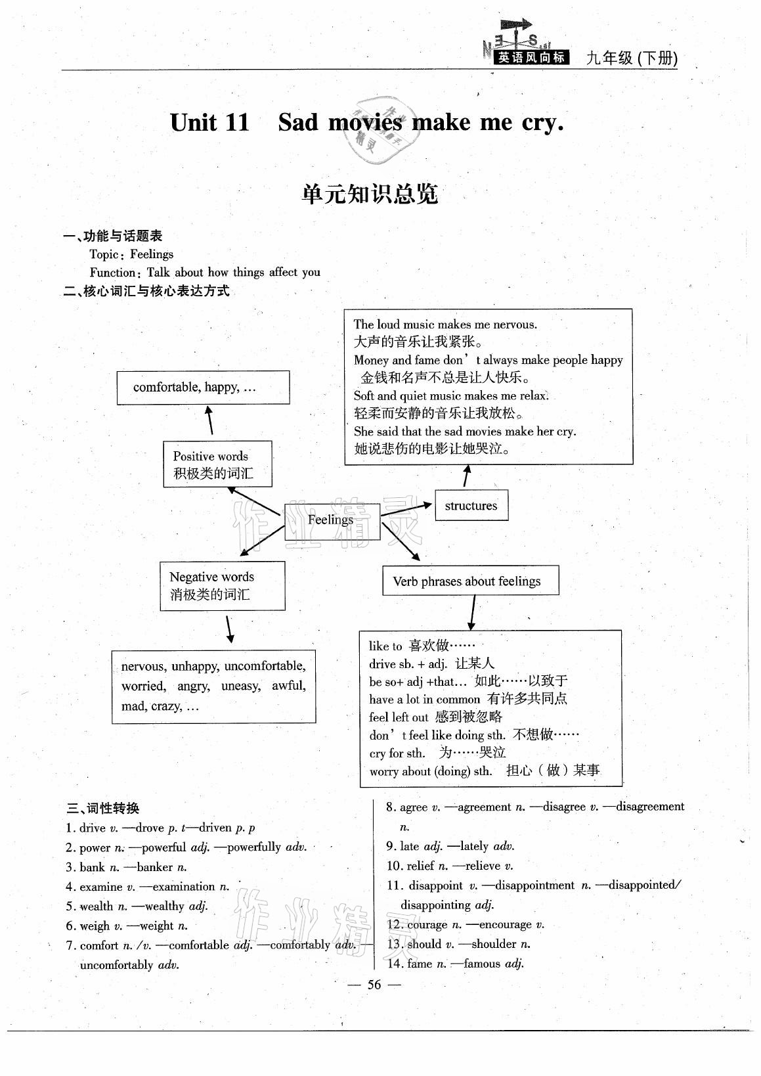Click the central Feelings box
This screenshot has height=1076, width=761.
tap(332, 521)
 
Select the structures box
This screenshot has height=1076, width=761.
tap(471, 505)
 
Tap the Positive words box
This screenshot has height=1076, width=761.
tap(217, 464)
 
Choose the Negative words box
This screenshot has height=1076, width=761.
tap(222, 585)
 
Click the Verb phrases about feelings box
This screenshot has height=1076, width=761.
tap(470, 581)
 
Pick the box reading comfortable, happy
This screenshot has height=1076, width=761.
tap(203, 387)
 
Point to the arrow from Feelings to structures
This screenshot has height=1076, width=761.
tap(407, 508)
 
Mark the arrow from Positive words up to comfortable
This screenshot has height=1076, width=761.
tap(210, 420)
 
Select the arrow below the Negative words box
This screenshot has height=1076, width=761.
tap(229, 629)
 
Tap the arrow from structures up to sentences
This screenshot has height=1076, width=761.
tap(466, 476)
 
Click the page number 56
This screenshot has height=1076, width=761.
tap(374, 984)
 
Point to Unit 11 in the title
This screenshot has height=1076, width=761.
tap(209, 123)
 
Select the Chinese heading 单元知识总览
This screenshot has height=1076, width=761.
tap(370, 194)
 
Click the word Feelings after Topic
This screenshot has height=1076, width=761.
tap(152, 254)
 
